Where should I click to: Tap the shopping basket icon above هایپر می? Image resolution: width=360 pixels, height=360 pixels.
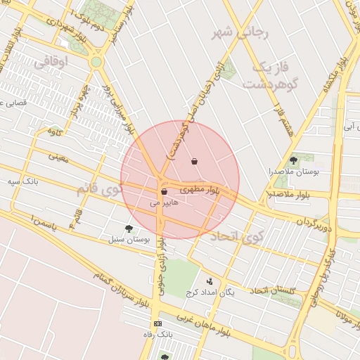(164, 191)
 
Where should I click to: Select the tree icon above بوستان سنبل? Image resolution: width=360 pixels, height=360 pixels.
(128, 229)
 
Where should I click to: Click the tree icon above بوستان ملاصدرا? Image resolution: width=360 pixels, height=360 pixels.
(293, 161)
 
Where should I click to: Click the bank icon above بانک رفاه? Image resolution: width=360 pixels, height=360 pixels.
(157, 323)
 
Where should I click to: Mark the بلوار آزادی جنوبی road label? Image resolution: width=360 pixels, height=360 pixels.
(161, 266)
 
